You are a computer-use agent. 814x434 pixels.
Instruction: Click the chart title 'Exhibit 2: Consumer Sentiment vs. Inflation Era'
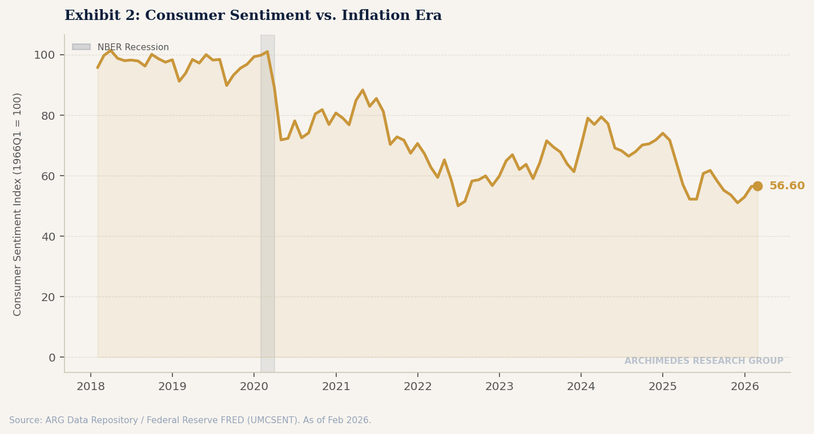[253, 16]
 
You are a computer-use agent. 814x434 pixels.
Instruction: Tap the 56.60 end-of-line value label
[787, 186]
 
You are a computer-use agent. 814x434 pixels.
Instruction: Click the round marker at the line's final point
[757, 186]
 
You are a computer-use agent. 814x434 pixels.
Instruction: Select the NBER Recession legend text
[133, 47]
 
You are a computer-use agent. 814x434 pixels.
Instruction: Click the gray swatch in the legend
[81, 47]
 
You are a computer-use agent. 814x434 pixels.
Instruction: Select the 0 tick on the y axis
[52, 358]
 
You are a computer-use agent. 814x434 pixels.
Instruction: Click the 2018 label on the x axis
[91, 387]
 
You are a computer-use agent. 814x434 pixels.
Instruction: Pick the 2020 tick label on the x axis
[254, 387]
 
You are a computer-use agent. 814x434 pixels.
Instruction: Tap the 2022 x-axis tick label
[418, 387]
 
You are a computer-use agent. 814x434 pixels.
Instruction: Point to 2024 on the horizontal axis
[581, 387]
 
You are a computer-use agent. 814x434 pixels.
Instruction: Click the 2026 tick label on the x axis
[745, 387]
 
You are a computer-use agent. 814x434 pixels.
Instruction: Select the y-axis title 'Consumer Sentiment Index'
[18, 204]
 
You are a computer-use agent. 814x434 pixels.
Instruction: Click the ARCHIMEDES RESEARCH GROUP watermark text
[703, 361]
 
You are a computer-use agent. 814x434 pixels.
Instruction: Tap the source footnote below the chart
[190, 420]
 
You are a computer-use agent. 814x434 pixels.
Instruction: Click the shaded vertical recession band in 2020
[267, 228]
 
